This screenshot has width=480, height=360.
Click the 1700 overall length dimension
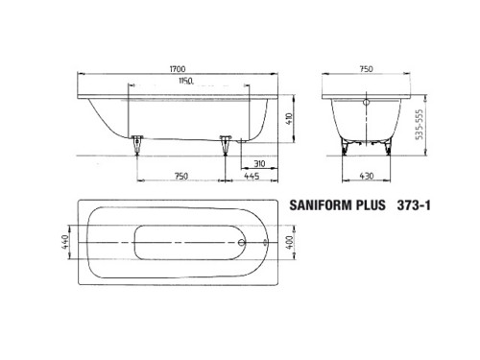pos(178,69)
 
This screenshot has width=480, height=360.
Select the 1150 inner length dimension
pos(186,81)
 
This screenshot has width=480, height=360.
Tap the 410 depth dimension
pos(289,119)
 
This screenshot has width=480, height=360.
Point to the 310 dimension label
pos(259,163)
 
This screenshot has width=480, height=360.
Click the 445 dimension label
pos(252,176)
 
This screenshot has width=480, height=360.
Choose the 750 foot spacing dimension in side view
pos(181,176)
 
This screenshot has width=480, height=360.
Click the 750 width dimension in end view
pos(366,69)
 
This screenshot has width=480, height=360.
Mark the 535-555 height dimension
pos(420,125)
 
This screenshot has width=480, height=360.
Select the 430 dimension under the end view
pos(367,176)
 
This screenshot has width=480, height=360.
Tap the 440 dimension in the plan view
pos(65,242)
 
